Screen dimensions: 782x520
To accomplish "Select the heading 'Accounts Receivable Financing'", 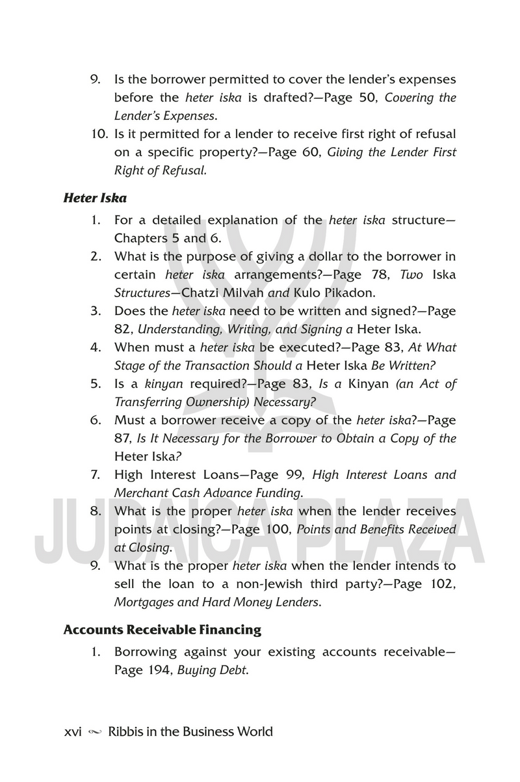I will tap(162, 630).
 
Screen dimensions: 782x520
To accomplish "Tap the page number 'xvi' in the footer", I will tap(72, 731).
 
